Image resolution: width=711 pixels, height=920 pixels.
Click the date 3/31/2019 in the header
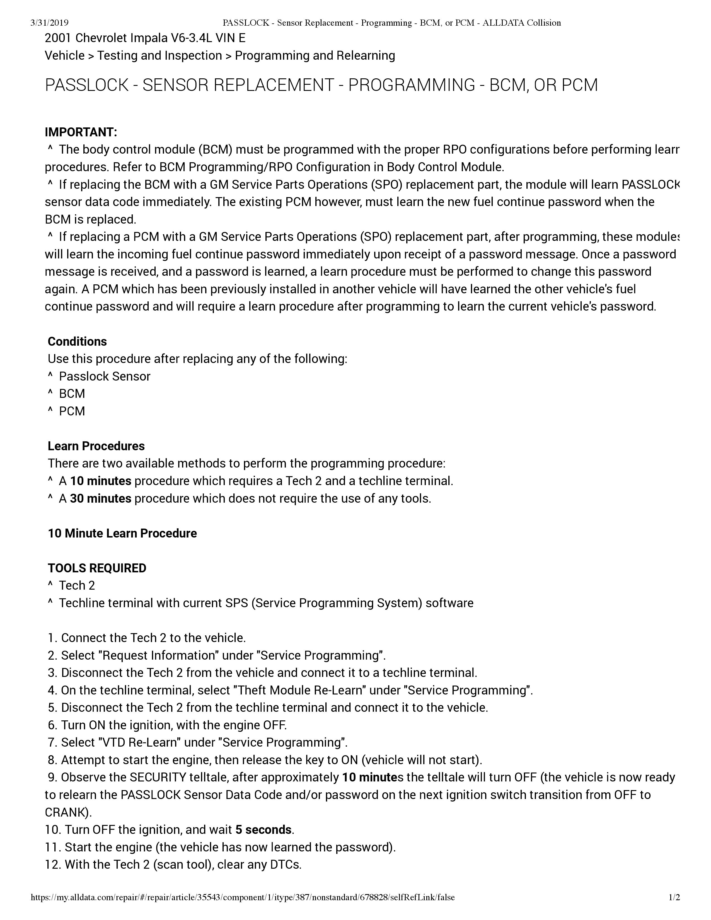click(x=50, y=23)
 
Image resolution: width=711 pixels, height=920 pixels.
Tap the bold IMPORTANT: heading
click(x=81, y=132)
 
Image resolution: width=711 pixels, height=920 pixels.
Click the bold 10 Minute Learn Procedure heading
click(x=122, y=533)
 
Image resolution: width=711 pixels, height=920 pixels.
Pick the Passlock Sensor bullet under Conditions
click(x=105, y=376)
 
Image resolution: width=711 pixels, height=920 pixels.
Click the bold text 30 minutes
click(x=101, y=498)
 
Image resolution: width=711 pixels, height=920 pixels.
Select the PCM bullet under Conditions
click(x=72, y=411)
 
